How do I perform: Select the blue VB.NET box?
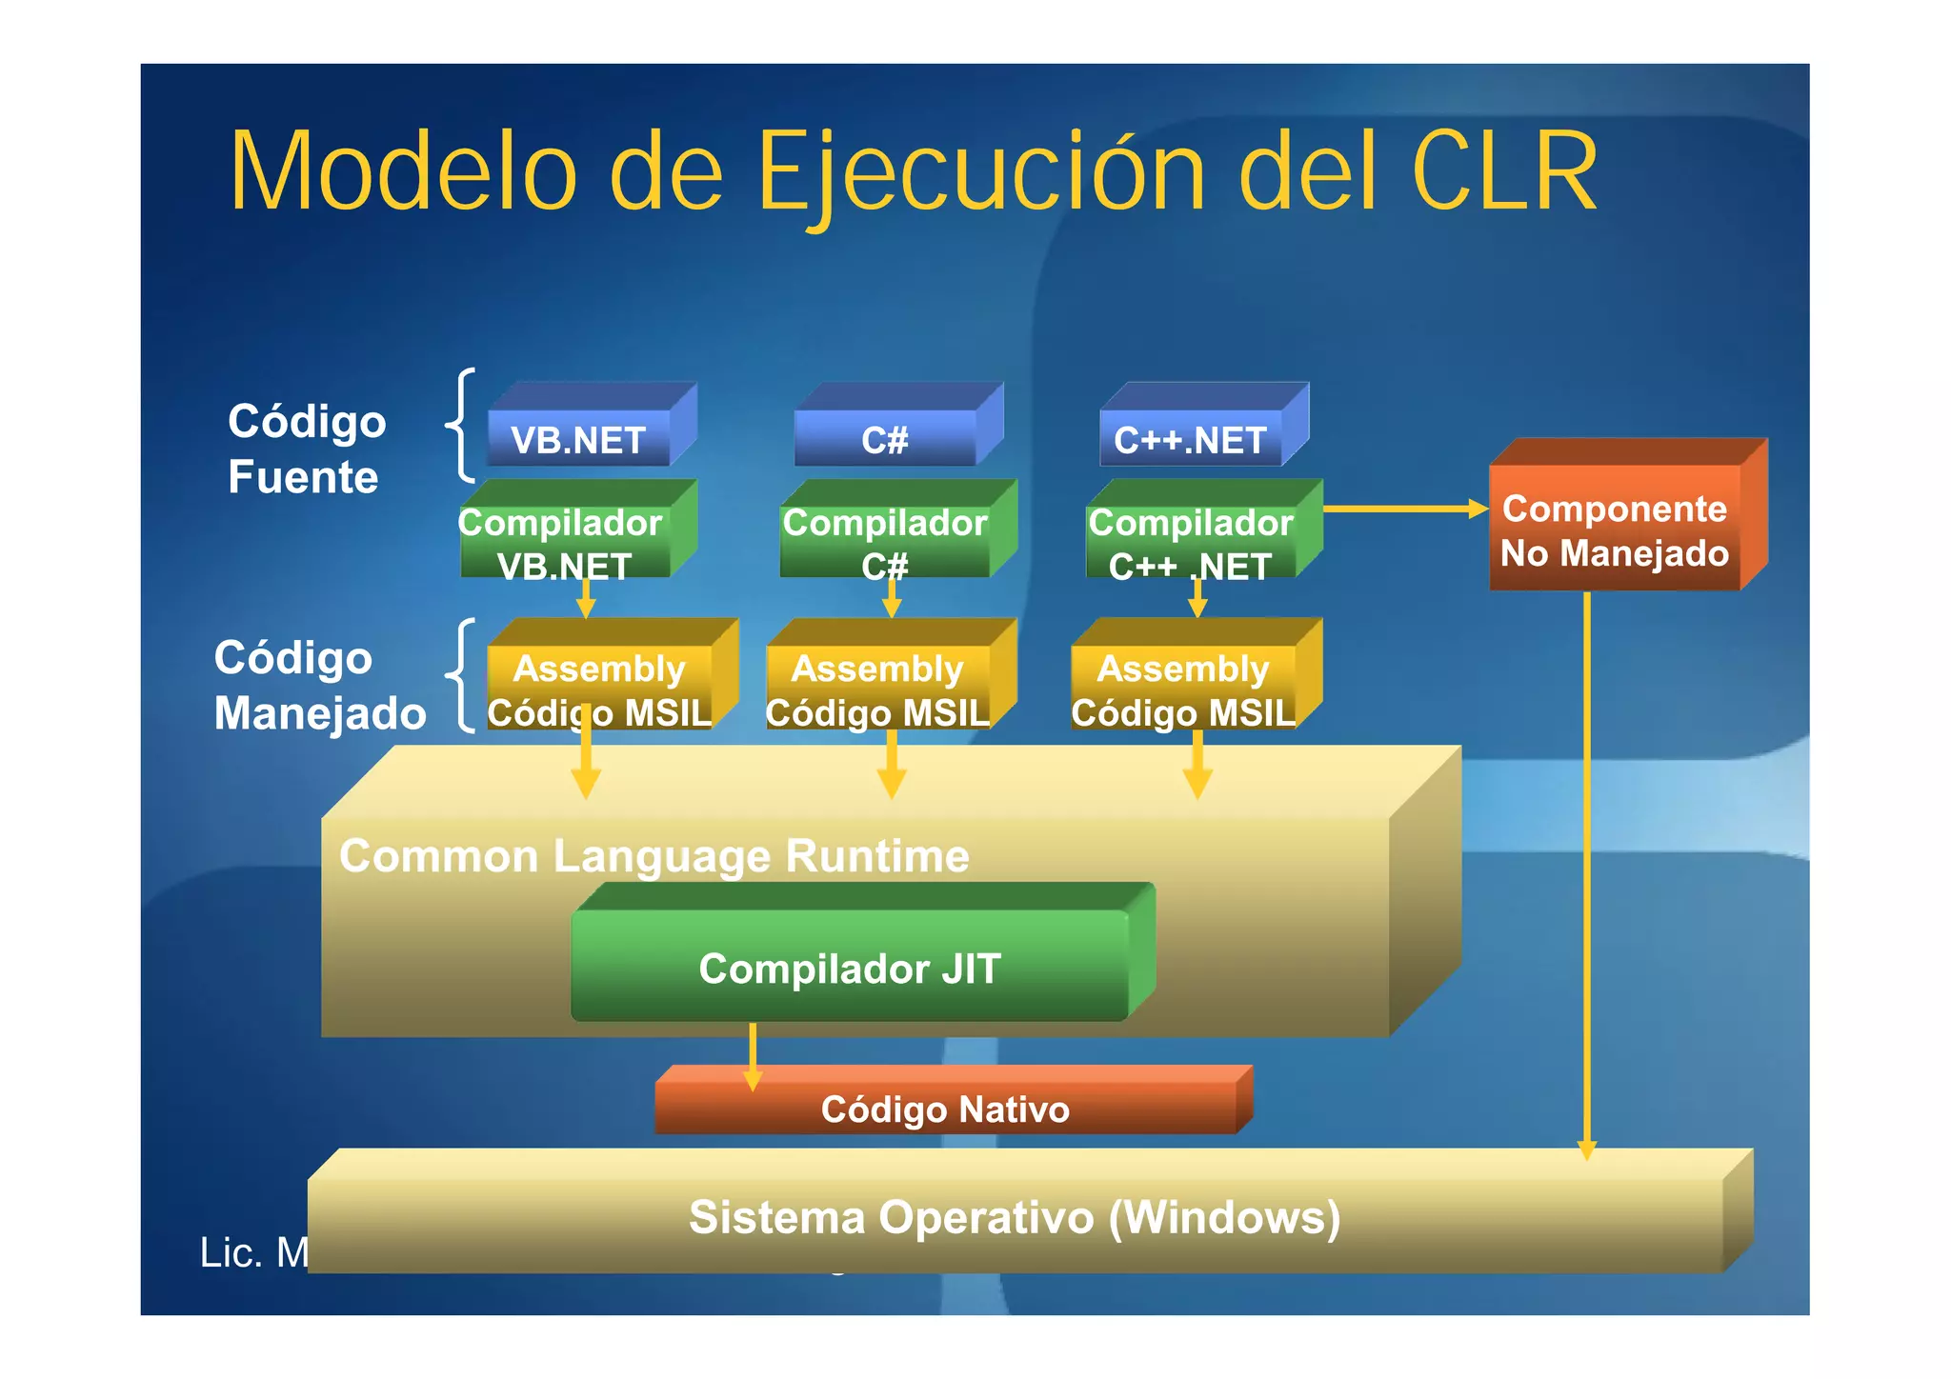pos(578,439)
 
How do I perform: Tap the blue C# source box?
pos(885,439)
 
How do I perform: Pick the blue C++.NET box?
pos(1191,439)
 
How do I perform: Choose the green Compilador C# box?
pos(885,543)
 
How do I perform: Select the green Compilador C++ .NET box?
pos(1191,543)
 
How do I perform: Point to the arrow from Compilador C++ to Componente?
pos(1404,510)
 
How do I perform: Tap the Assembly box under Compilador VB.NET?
pos(600,688)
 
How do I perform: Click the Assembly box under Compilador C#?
pos(878,688)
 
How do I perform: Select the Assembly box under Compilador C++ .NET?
pos(1183,688)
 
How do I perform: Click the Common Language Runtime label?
pos(654,855)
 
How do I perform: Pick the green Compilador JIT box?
pos(850,968)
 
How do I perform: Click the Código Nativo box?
pos(945,1109)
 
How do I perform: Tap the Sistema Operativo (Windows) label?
pos(1015,1217)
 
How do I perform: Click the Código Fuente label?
pos(306,449)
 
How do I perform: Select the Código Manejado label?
pos(319,685)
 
